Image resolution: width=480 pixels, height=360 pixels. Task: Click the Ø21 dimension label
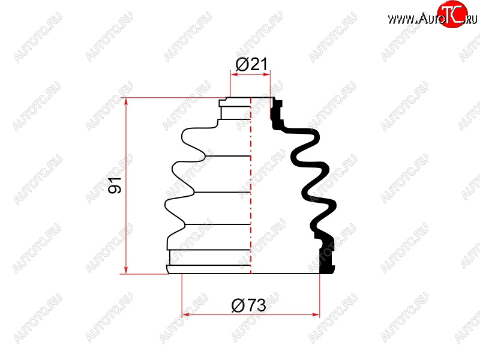point(251,64)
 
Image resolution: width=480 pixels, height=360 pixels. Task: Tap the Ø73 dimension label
point(248,305)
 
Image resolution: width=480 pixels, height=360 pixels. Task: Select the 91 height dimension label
point(115,185)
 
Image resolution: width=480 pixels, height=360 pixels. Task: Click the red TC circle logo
point(452,14)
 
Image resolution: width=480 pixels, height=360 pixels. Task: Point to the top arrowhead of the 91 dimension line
point(126,102)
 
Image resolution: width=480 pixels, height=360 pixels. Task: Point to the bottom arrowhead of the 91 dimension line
point(126,269)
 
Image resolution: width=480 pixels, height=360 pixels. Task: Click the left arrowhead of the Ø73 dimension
point(186,314)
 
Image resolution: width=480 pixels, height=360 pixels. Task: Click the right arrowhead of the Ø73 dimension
point(316,314)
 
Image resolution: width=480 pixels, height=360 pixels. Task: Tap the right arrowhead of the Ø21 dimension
point(266,74)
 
